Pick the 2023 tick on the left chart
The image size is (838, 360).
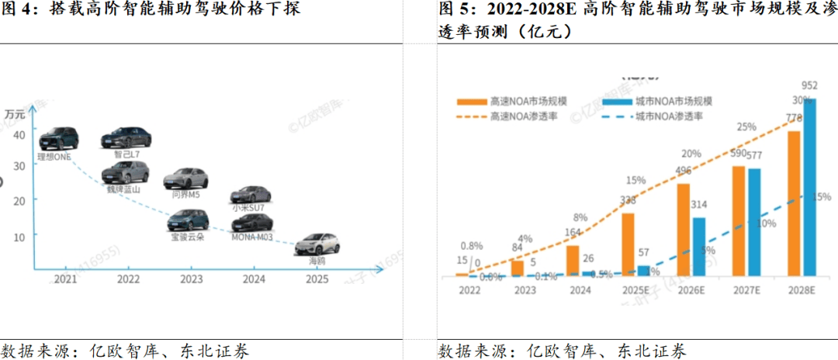[192, 279]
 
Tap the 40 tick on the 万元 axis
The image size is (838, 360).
[19, 134]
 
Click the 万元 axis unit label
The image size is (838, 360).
[15, 113]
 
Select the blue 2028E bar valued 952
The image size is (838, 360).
[810, 186]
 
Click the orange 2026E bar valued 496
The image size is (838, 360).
[684, 230]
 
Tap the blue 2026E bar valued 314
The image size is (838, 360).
[699, 247]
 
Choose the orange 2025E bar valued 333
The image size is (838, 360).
[628, 244]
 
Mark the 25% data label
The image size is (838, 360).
[746, 127]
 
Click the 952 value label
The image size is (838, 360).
[810, 85]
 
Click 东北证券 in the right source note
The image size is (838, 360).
[652, 351]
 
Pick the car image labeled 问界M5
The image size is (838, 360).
[185, 178]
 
